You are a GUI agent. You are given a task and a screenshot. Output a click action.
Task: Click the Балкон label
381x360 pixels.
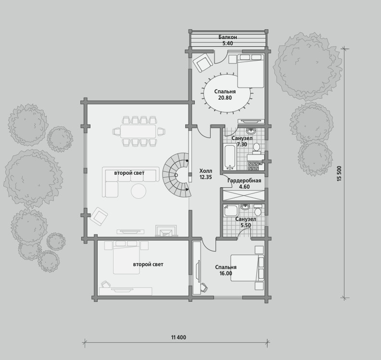coord(228,38)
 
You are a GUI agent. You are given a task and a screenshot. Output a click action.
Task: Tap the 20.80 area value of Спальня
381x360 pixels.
coord(225,98)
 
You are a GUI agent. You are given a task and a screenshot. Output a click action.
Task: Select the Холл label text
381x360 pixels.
coord(205,171)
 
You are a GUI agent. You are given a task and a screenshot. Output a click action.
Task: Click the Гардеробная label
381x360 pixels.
coord(244,180)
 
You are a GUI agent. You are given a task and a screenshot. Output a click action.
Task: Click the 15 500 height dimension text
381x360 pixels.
coord(340,173)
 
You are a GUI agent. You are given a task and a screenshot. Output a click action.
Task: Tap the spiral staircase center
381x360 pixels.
coord(177,174)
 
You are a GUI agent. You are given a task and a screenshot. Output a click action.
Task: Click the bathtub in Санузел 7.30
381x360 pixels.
coord(229,157)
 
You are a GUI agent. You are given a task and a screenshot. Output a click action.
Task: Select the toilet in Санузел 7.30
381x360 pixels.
coord(256,149)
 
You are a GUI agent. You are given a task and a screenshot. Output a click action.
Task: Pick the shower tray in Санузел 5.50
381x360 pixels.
coord(230,210)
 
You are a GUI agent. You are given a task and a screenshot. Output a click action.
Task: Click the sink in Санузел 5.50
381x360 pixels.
coord(245,207)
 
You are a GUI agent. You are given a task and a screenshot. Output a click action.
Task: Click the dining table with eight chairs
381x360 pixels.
coord(138,131)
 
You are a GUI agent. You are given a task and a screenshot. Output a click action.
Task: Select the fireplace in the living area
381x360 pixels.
coord(166,231)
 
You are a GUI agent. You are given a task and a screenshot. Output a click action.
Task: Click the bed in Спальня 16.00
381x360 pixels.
coord(247,268)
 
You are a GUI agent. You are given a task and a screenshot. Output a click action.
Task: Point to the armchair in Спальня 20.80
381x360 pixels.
coord(203,63)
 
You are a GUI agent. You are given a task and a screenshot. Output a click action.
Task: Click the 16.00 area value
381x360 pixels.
coord(226,273)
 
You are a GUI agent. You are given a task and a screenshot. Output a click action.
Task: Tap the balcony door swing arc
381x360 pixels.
coord(221,58)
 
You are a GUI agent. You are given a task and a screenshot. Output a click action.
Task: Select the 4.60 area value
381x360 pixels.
coord(244,187)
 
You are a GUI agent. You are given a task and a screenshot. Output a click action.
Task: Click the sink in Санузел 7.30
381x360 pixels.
coord(251,131)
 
